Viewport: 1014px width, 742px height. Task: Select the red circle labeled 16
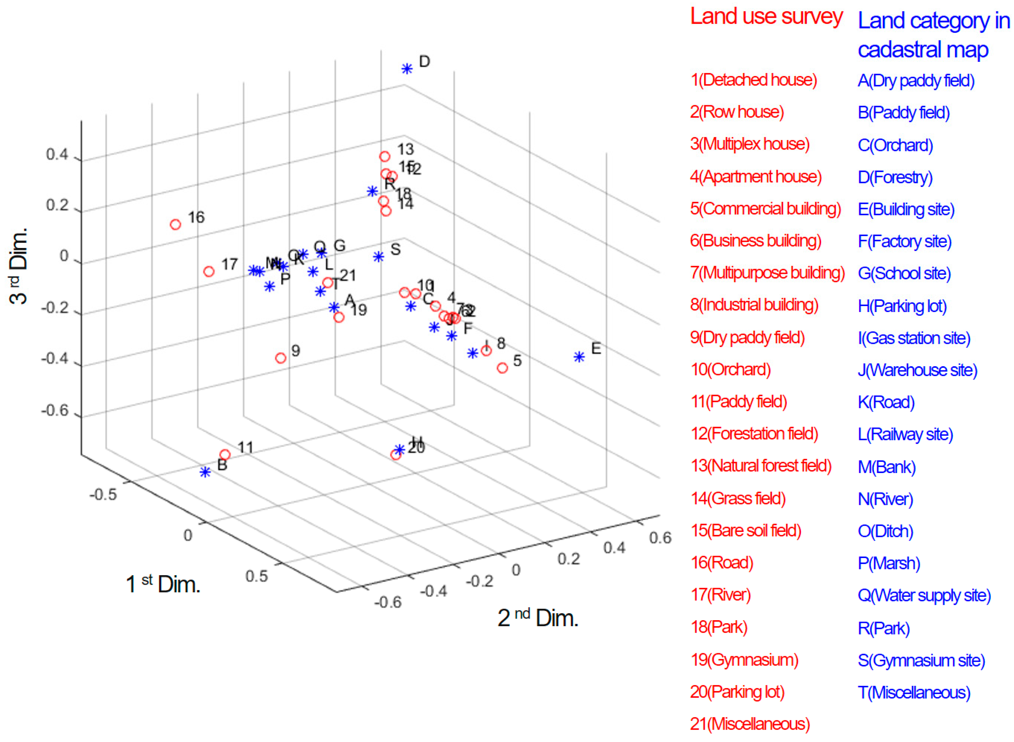(x=175, y=224)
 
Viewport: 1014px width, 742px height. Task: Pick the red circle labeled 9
(x=281, y=358)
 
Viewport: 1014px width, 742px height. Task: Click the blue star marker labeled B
(x=205, y=472)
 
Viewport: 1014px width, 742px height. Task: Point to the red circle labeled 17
(x=209, y=271)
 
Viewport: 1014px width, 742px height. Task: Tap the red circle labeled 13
(x=385, y=156)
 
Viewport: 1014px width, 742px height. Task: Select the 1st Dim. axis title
(x=163, y=584)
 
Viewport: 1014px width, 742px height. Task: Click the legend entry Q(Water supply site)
(x=924, y=595)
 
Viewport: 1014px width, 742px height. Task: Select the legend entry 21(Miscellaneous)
(x=749, y=723)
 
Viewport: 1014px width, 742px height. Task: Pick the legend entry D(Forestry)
(x=895, y=177)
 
